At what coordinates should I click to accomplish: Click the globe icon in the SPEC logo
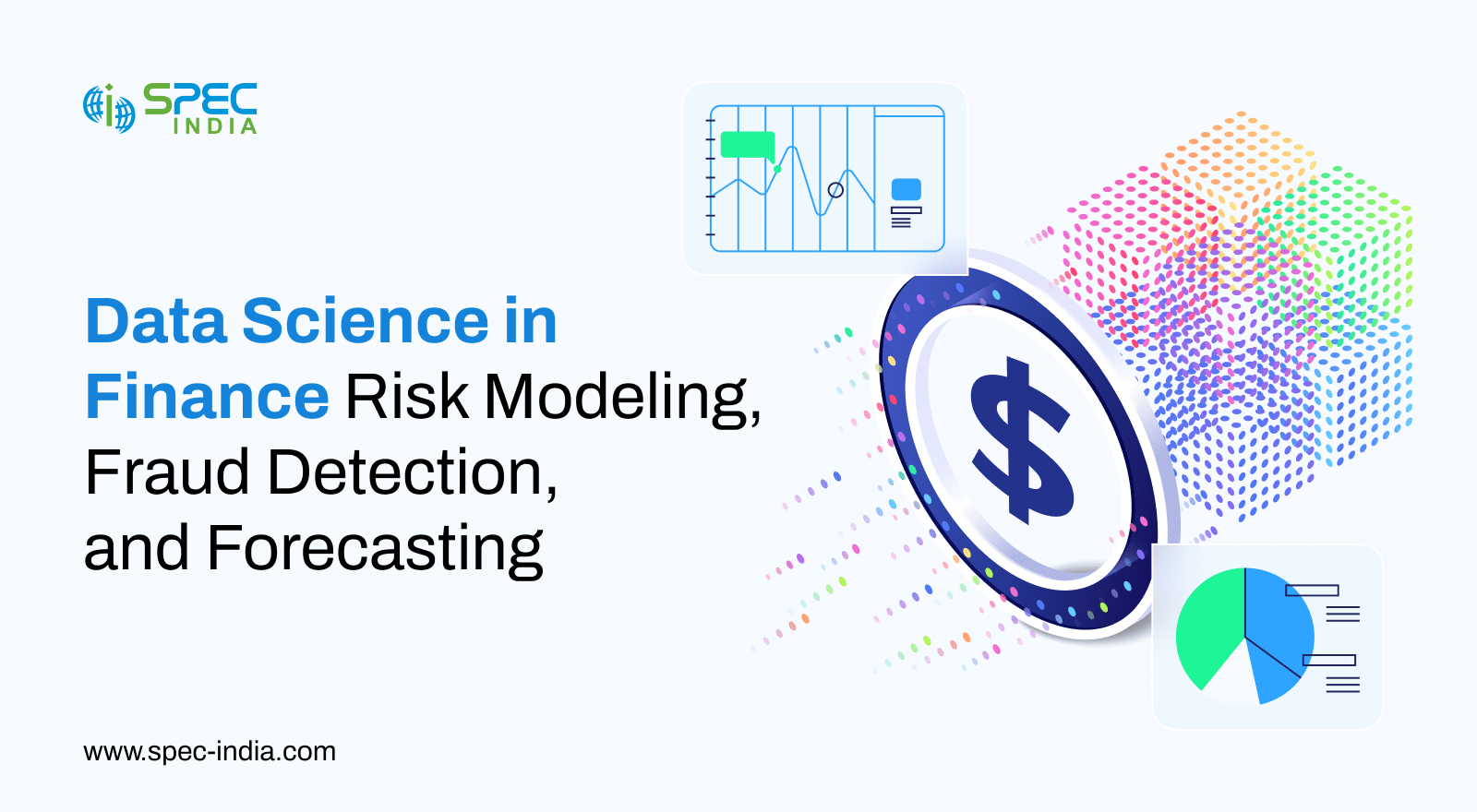[x=110, y=109]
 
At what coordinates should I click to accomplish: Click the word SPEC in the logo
[x=200, y=99]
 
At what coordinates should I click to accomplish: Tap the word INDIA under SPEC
[x=215, y=125]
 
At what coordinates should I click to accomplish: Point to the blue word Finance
[x=207, y=396]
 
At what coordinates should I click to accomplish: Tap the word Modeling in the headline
[x=623, y=400]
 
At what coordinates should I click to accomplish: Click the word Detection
[x=413, y=473]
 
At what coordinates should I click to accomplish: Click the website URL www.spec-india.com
[x=210, y=751]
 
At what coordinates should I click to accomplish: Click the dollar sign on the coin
[x=1021, y=441]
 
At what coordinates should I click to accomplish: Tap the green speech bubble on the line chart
[x=748, y=146]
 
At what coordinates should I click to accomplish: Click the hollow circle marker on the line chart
[x=835, y=190]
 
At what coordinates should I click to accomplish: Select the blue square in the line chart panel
[x=907, y=189]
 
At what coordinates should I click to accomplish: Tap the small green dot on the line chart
[x=777, y=170]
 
